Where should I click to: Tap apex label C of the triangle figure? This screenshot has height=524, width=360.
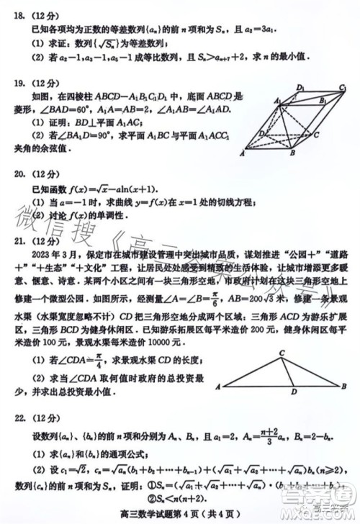[283, 352]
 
